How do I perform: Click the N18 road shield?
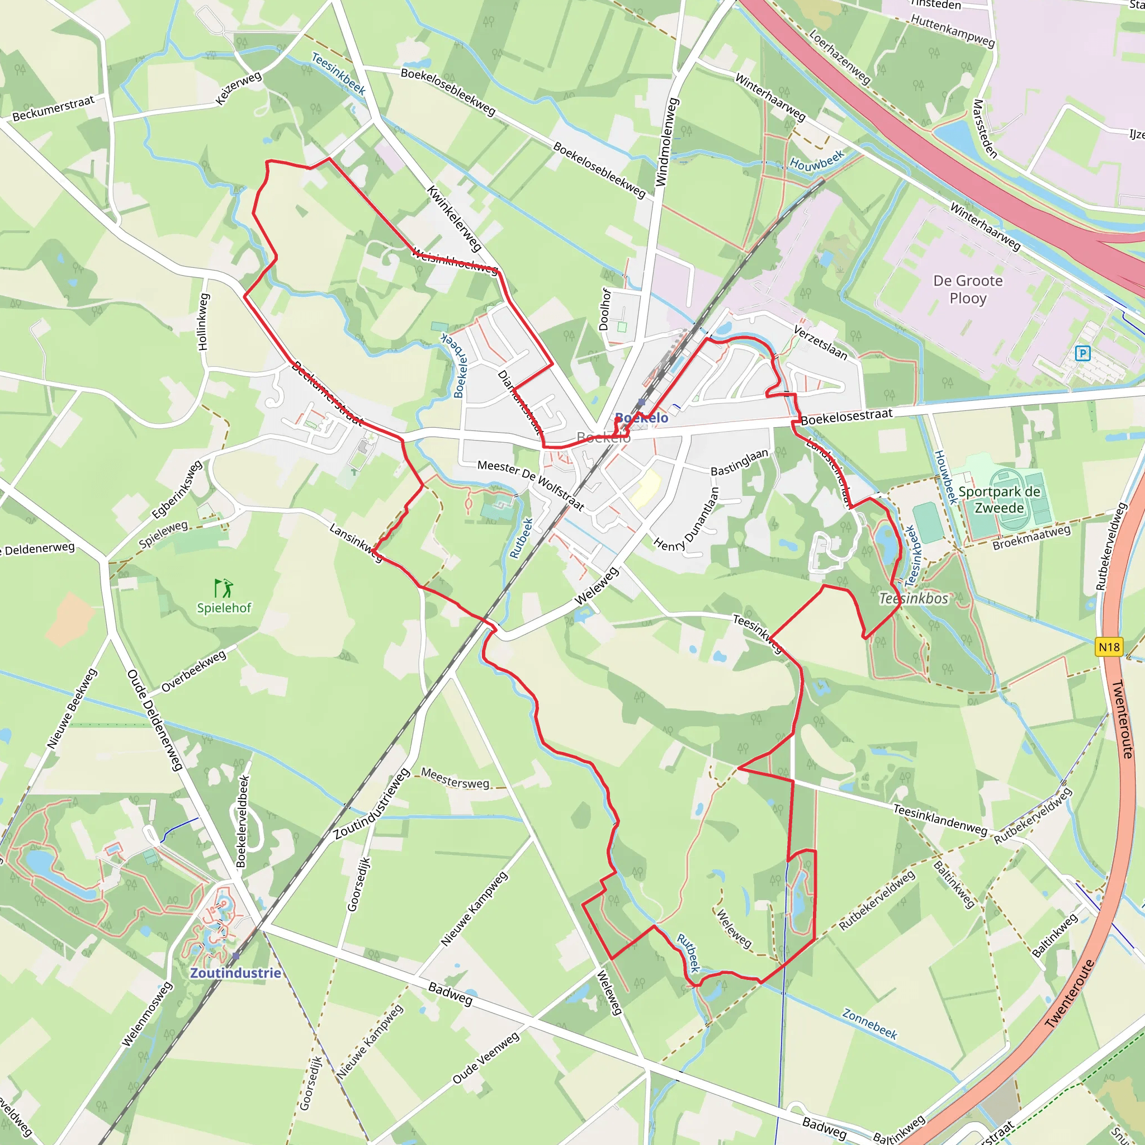point(1109,647)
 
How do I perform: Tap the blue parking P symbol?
point(1083,354)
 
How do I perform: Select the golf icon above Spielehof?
point(224,588)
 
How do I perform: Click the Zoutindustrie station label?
point(235,973)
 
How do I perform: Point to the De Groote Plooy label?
point(968,289)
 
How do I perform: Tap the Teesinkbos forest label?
point(914,599)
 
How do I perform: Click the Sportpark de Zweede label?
point(999,500)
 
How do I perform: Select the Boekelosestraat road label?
point(846,417)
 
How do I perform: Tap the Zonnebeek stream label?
point(869,1024)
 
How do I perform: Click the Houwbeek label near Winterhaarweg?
point(817,160)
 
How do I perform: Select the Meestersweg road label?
point(455,778)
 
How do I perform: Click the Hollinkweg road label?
point(203,322)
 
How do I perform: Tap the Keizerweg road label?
point(238,88)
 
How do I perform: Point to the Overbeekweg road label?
point(194,671)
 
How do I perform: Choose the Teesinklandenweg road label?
point(940,820)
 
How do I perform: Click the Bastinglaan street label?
point(739,462)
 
